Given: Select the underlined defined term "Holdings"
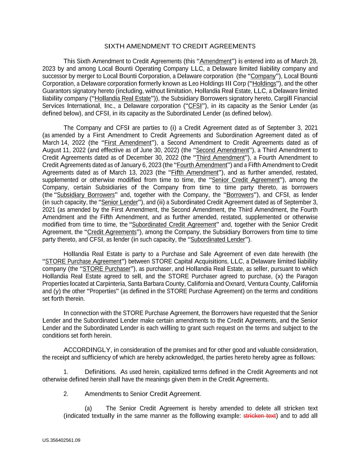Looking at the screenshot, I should [264, 84].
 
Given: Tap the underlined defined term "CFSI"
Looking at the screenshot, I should [195, 106].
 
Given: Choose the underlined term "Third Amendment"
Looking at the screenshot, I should [220, 158].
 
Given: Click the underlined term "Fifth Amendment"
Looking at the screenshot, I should [195, 173].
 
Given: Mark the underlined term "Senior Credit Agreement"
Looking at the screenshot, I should [245, 180].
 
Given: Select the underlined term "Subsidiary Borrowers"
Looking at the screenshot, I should [86, 195].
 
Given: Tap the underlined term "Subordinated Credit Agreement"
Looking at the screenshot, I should [174, 225].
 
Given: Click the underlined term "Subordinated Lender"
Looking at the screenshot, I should [218, 240].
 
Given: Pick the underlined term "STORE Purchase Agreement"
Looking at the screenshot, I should [83, 262].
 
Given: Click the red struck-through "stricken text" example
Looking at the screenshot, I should [259, 416].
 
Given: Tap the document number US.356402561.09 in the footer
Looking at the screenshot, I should [61, 440].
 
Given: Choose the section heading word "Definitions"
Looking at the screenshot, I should [100, 372].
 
